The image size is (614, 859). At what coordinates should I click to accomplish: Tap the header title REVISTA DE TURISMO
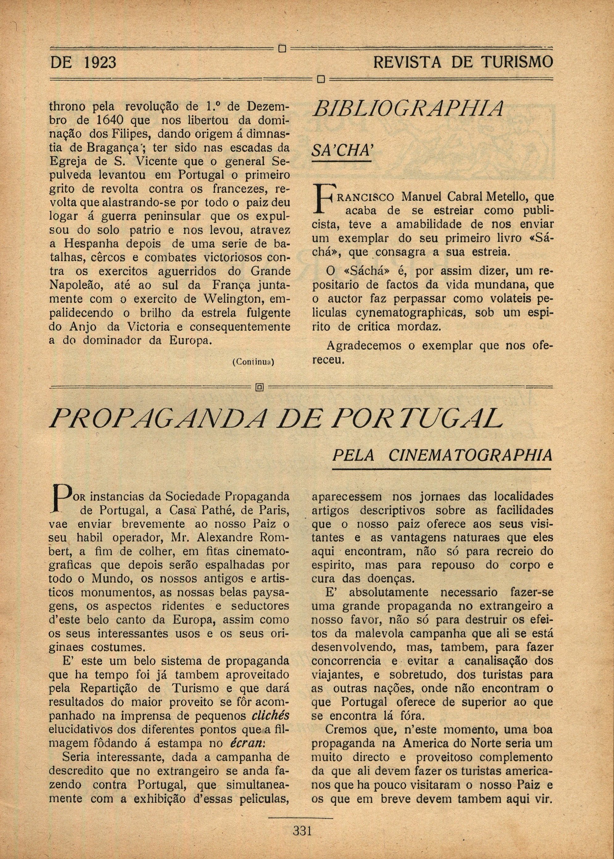point(463,62)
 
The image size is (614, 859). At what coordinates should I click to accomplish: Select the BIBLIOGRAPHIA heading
point(408,109)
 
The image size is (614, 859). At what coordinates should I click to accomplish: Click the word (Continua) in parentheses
point(253,362)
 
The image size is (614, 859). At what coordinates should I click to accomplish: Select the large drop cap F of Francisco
point(321,198)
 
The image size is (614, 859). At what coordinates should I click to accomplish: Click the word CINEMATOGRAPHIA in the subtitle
point(470,455)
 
